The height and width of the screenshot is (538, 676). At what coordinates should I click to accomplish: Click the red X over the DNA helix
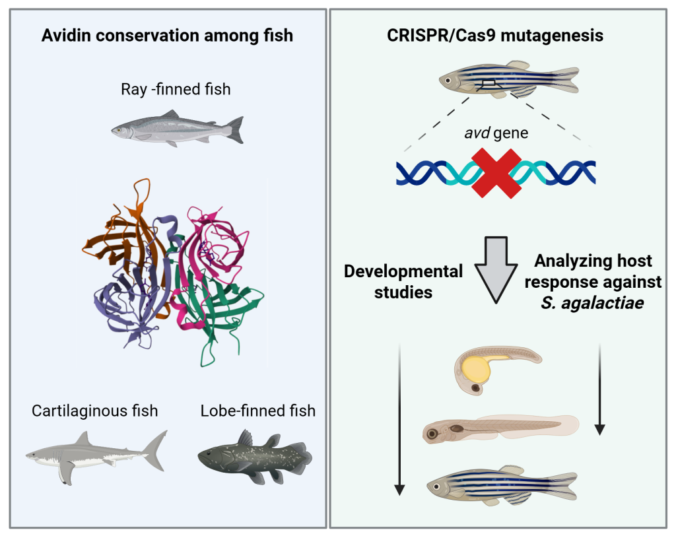496,174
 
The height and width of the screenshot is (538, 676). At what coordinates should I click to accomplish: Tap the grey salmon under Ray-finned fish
178,129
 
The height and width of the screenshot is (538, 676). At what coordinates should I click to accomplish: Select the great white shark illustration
96,457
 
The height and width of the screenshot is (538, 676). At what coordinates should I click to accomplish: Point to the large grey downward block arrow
496,269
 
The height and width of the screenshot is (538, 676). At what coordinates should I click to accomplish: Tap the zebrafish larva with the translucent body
500,429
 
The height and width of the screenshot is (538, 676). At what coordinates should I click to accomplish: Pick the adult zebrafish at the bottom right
502,485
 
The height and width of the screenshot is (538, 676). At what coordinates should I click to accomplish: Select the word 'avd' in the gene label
477,133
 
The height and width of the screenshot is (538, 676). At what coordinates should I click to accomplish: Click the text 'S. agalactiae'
592,302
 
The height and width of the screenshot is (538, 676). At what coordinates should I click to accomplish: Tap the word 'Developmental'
403,271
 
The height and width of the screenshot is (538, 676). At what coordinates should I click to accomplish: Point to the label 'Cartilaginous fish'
95,411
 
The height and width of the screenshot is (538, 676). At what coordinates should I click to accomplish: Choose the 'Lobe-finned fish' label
258,411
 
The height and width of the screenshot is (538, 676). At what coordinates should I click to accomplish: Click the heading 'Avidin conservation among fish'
167,36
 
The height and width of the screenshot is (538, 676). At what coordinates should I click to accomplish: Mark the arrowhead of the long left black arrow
399,490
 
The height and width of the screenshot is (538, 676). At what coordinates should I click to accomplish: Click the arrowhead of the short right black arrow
599,429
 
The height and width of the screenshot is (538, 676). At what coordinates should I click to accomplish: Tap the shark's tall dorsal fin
83,439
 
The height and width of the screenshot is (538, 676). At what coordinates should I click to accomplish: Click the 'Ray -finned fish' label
176,89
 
